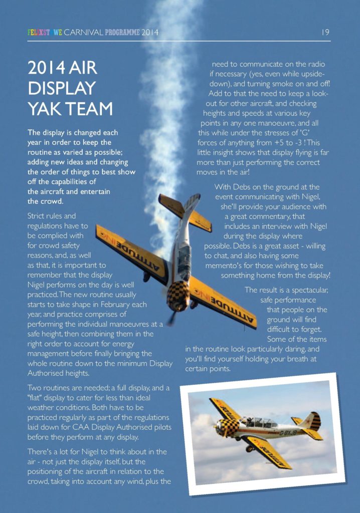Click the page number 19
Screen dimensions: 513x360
point(325,33)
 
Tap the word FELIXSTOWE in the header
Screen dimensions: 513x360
point(45,33)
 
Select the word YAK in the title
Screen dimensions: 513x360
point(43,109)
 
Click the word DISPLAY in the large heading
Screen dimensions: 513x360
point(62,88)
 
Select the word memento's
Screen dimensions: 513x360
point(226,266)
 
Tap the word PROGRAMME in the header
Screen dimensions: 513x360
point(120,33)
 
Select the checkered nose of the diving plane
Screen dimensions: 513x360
point(178,296)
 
